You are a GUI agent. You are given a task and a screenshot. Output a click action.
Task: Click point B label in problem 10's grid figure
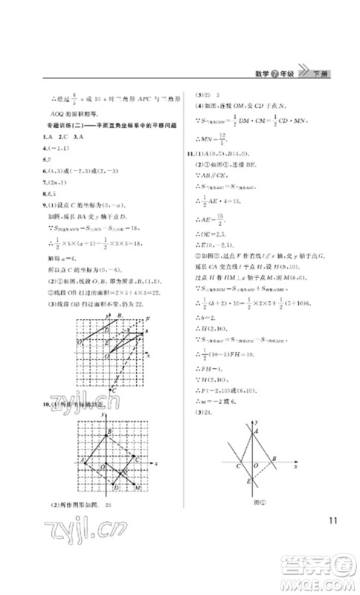[x=109, y=432]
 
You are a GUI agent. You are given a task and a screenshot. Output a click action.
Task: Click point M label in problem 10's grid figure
[x=138, y=487]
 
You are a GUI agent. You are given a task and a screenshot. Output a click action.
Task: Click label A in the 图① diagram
[x=257, y=431]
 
